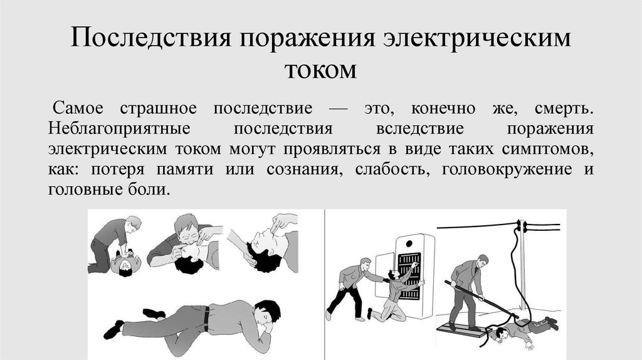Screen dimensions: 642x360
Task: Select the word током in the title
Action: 320,68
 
